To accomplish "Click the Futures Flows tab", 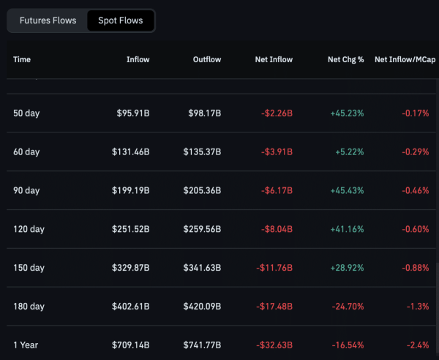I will pos(48,20).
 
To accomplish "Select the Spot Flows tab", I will pos(121,20).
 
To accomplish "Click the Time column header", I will pos(22,59).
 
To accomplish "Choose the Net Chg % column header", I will pos(345,59).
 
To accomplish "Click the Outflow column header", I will pos(206,59).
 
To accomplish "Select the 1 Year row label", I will pos(26,345).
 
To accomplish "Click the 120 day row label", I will pos(29,229).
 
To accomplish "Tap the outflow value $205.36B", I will pos(202,190).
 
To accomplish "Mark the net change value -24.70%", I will pos(345,306).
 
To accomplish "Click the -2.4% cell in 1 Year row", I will pos(417,345).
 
